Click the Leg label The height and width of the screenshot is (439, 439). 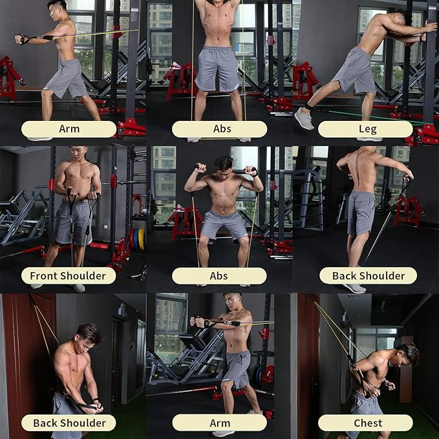[365, 129]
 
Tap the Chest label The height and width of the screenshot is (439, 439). [365, 423]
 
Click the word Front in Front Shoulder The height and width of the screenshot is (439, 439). [44, 276]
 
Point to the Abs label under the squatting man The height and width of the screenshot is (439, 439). [219, 276]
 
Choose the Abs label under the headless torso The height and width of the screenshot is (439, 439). [219, 129]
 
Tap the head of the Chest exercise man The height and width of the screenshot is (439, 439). [407, 355]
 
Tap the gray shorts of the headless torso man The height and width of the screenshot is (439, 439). [219, 69]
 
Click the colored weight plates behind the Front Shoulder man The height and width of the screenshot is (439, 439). [137, 239]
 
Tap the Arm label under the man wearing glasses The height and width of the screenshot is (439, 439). [219, 423]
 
